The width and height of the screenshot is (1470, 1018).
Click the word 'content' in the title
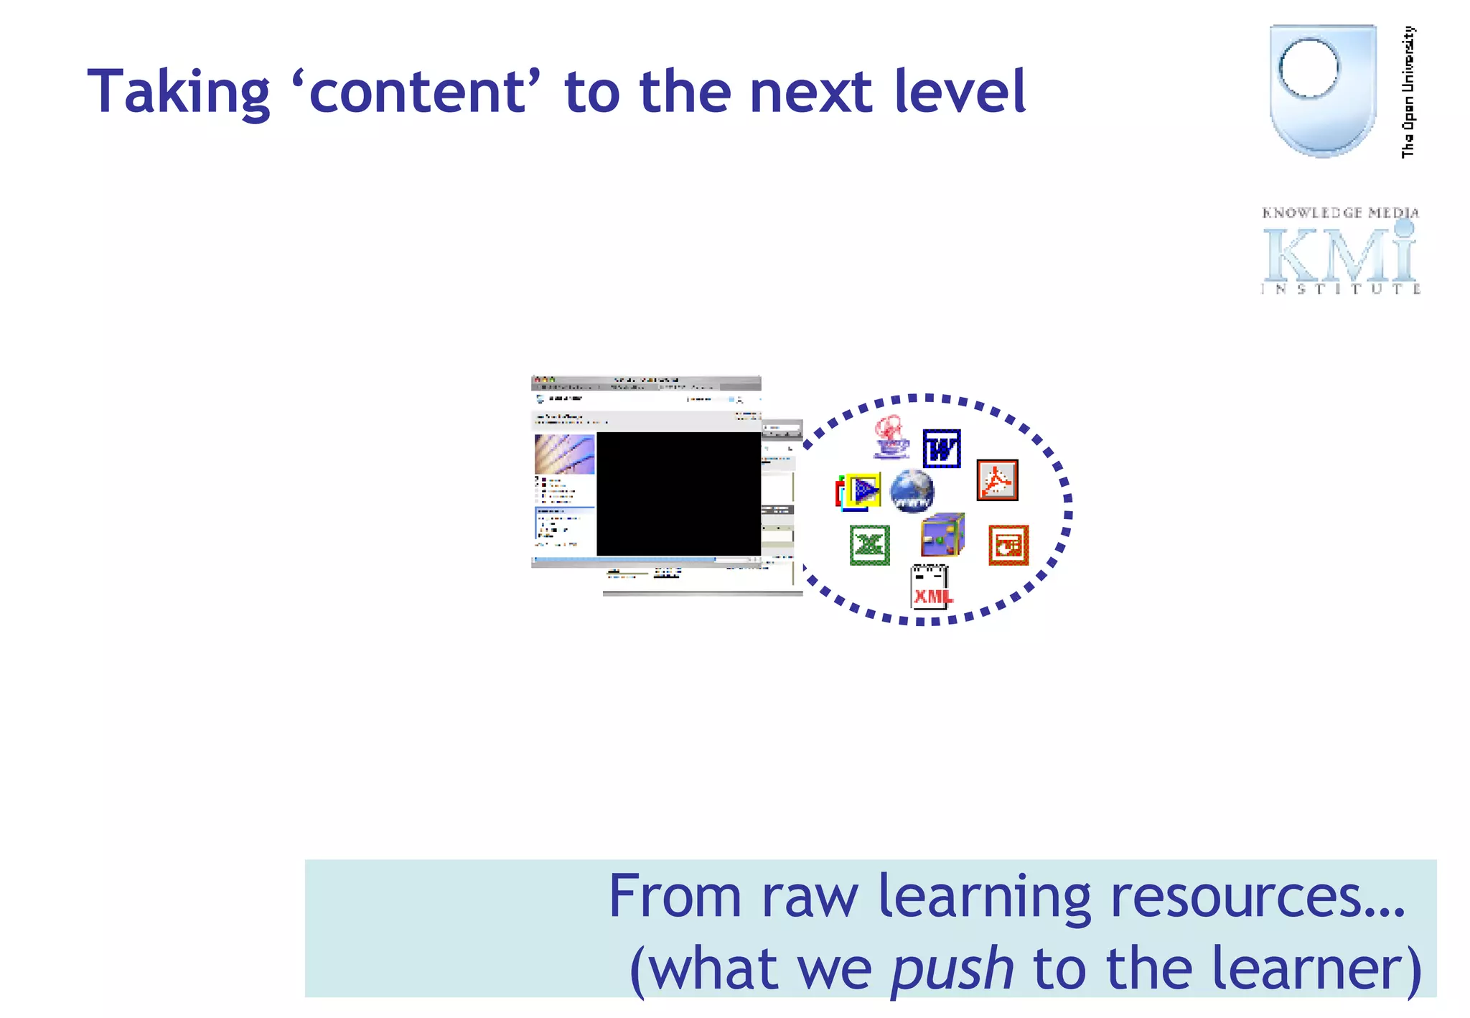[418, 92]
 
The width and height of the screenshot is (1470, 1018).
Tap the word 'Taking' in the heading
[178, 92]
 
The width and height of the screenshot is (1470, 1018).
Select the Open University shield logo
[1322, 90]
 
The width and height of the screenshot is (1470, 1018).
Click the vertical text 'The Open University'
[1408, 92]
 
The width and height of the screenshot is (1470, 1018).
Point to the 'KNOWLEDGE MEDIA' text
[1339, 213]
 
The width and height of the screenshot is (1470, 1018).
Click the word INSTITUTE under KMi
[1339, 289]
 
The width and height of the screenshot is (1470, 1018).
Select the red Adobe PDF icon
[997, 480]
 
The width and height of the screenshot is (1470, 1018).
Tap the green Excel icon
[869, 545]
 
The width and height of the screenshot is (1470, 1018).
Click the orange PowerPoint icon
[1008, 545]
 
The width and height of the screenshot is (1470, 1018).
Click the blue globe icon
[912, 491]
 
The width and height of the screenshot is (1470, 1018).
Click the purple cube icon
[942, 535]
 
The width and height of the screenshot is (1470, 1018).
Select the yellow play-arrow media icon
[861, 491]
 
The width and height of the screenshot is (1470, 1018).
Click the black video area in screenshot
[678, 494]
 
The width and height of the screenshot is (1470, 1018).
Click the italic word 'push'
[952, 968]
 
